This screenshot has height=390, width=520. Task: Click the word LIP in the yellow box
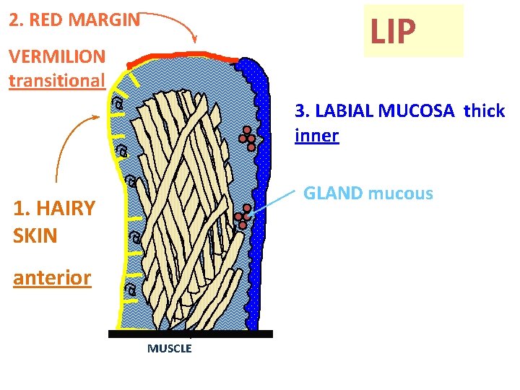coord(393,31)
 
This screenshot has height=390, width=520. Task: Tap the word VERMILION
coord(57,56)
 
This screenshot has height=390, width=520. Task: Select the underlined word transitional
coord(57,79)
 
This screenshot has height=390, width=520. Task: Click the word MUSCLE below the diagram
coord(170,349)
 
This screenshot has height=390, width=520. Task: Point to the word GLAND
coord(333,194)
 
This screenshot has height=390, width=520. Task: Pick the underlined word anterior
coord(52,278)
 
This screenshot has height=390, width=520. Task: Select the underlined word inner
coord(316,135)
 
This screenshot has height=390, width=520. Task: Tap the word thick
coord(484,111)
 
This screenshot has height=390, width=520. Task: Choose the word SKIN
coord(35,235)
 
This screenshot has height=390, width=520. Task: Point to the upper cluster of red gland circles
coord(248,138)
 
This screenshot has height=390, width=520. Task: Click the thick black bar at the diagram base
coord(191,334)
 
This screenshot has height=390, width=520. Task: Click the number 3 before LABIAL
coord(299,111)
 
